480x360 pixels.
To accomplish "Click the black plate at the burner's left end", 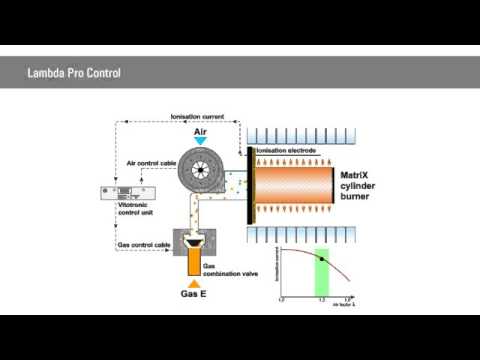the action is click(x=249, y=186).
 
